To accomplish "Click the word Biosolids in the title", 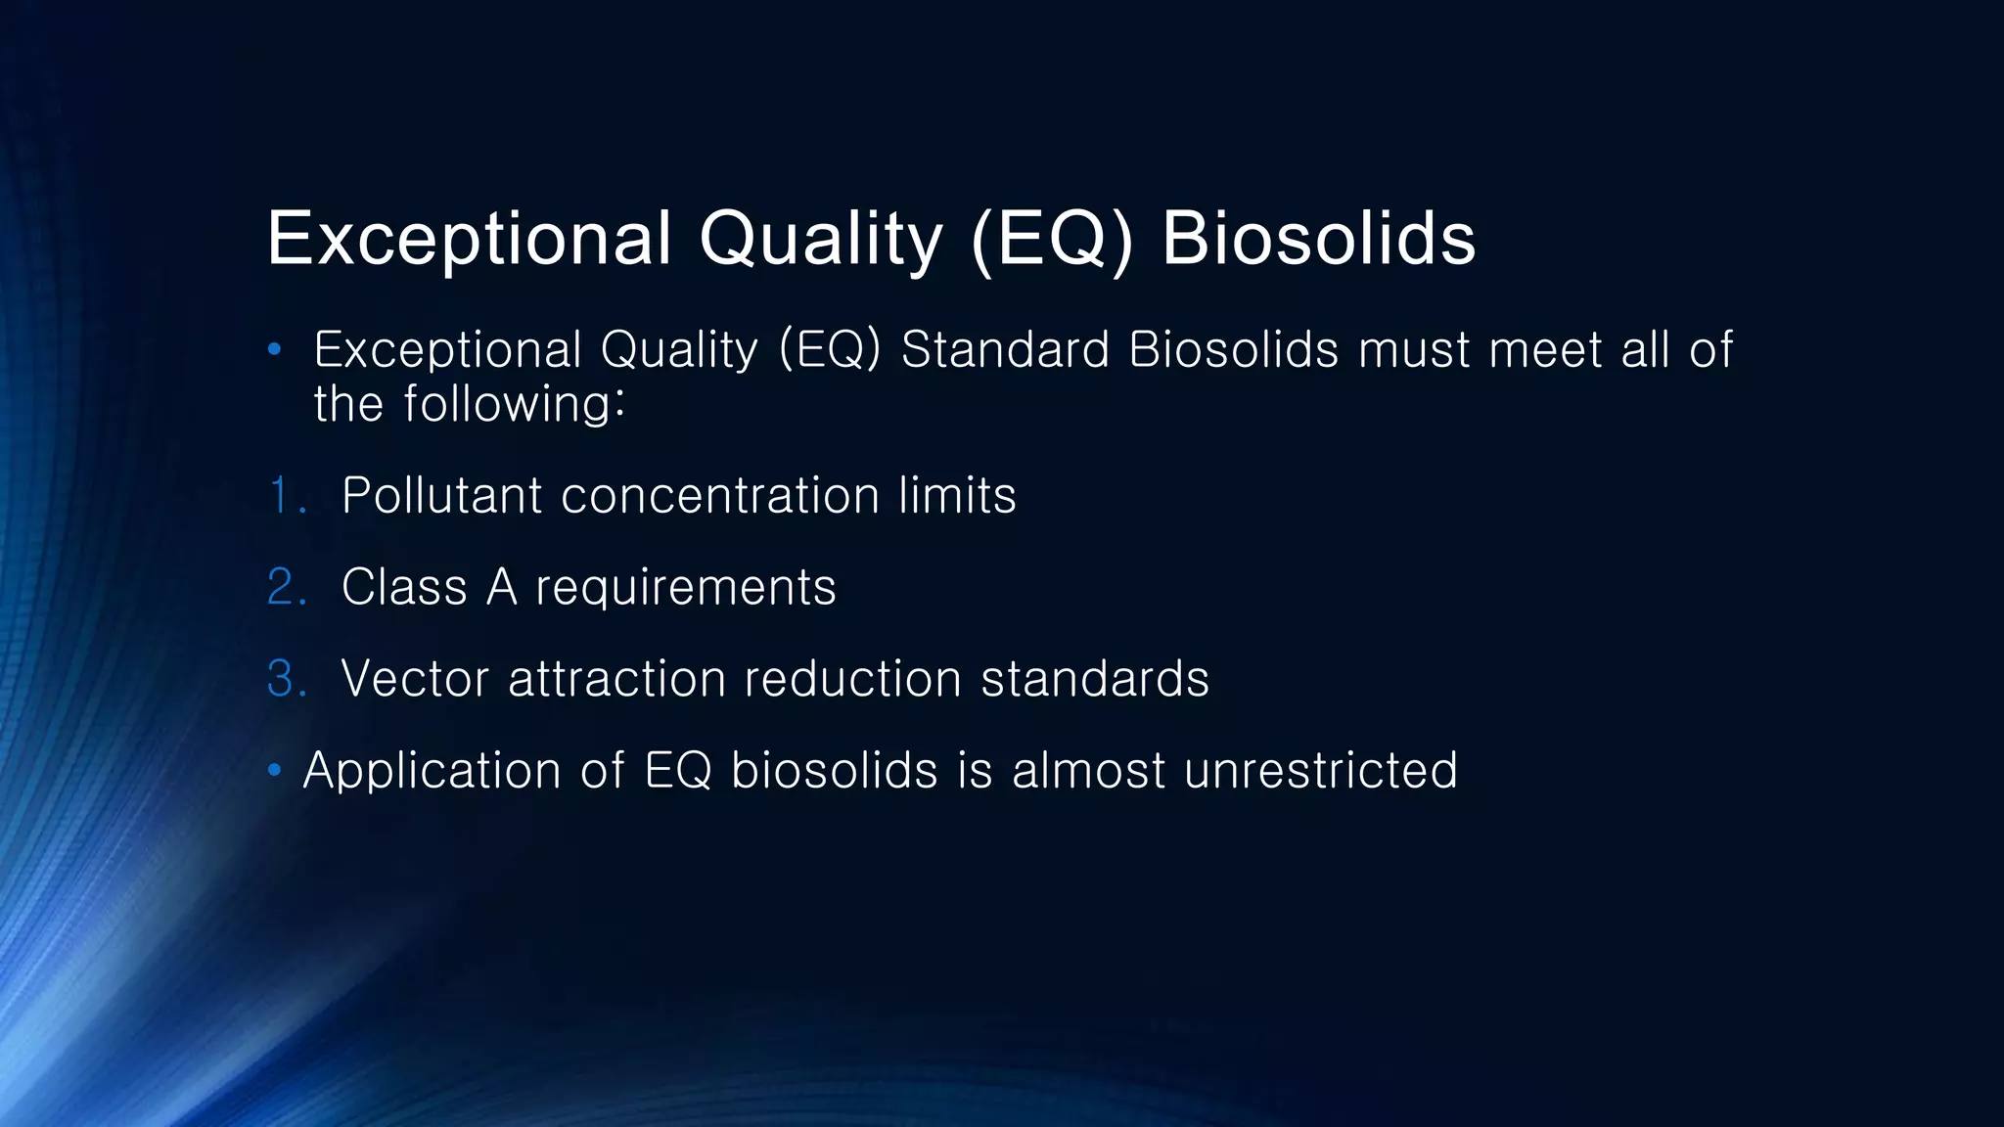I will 1318,238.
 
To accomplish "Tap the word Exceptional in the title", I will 470,238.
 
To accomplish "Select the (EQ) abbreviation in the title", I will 1052,238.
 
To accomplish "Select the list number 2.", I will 286,587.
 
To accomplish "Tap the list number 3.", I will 286,679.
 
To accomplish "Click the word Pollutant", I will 441,495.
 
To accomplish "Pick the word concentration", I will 720,495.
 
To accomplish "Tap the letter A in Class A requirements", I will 501,587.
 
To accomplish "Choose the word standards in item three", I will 1095,679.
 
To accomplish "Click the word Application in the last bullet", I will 432,771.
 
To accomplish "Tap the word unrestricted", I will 1320,771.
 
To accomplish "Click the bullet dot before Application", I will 275,772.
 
